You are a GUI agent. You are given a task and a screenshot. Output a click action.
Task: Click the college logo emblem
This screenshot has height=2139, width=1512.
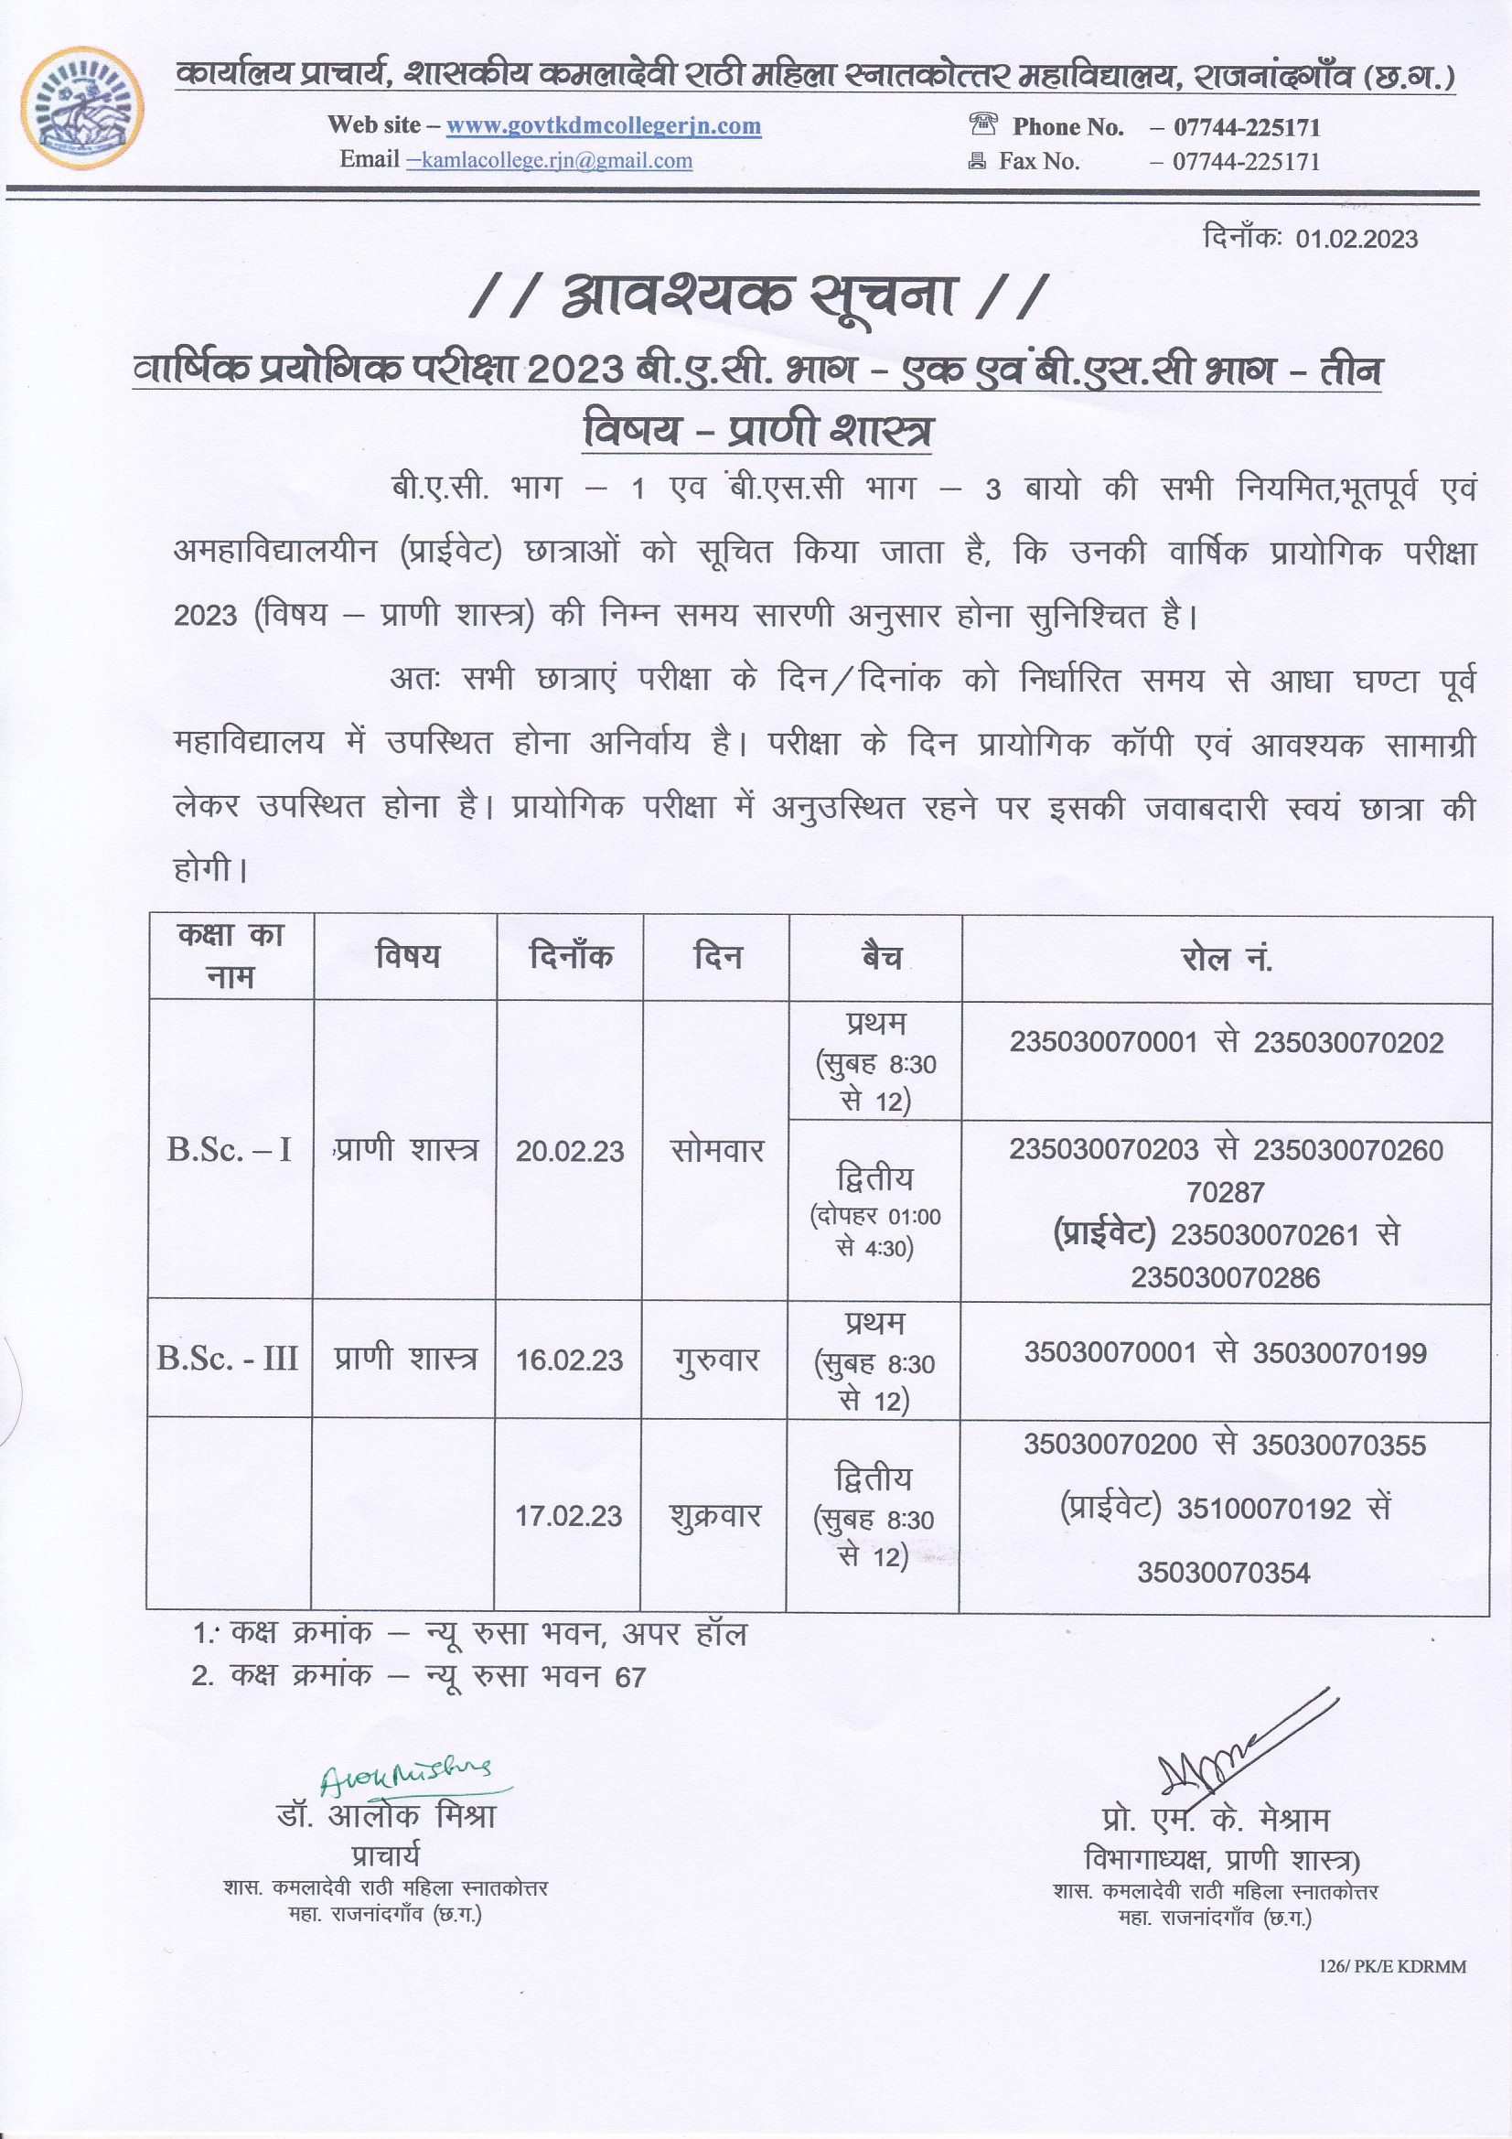tap(83, 109)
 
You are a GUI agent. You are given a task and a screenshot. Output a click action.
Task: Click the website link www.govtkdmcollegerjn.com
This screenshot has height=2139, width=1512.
tap(603, 125)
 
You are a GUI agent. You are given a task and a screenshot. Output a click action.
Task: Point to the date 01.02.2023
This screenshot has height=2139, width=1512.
tap(1356, 240)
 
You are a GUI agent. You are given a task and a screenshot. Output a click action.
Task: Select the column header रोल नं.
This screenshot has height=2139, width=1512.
tap(1225, 958)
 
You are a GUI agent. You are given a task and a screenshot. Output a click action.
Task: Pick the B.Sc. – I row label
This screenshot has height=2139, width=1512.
tap(230, 1151)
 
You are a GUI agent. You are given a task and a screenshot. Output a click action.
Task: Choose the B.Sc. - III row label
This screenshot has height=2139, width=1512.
tap(228, 1360)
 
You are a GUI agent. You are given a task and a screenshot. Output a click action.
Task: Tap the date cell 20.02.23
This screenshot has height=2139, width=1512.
tap(569, 1152)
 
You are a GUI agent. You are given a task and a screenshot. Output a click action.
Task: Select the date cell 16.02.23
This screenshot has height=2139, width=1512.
tap(568, 1360)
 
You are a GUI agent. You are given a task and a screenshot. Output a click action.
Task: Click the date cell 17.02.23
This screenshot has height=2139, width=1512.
tap(568, 1516)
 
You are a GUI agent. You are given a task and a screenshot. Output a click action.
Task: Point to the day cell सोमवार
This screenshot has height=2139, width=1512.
tap(716, 1152)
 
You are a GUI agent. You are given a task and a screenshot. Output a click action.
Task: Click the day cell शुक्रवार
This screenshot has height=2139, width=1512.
tap(714, 1516)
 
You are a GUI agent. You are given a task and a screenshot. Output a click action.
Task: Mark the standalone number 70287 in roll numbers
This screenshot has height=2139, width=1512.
tap(1225, 1192)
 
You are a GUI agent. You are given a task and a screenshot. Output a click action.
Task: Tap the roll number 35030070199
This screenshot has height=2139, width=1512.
tap(1339, 1353)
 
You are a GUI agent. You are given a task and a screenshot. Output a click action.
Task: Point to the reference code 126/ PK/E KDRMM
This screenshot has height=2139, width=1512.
tap(1392, 1967)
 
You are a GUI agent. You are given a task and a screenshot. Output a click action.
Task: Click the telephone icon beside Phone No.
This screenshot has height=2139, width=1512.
tap(983, 124)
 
